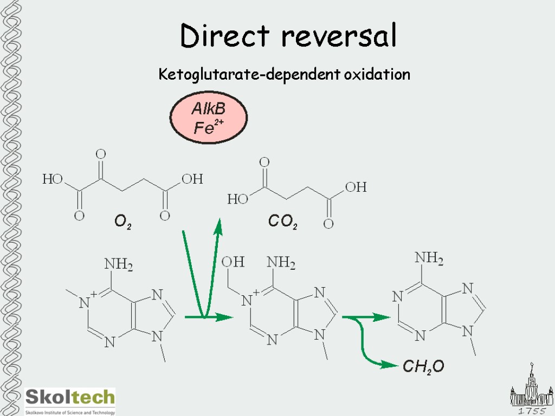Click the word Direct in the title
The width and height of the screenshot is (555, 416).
224,36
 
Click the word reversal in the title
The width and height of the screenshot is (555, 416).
339,36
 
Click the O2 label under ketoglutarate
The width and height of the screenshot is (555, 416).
122,222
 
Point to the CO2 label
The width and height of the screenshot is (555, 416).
282,222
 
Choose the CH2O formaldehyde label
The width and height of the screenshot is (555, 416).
423,367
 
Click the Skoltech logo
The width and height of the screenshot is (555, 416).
70,400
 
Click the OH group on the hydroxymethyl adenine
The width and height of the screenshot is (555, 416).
233,262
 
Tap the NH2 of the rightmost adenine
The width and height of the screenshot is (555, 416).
429,259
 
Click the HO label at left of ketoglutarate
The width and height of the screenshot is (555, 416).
53,179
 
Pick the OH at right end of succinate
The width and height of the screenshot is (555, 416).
356,187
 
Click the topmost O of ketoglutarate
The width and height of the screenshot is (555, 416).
100,154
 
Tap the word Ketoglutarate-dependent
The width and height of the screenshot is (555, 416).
249,74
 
